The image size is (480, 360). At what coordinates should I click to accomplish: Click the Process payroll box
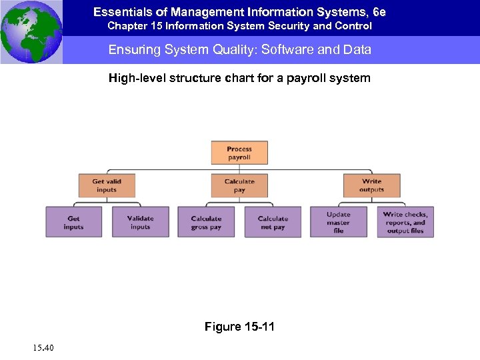(x=239, y=153)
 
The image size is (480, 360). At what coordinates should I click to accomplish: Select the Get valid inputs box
(x=106, y=185)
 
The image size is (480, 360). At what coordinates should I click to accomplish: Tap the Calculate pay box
(x=239, y=185)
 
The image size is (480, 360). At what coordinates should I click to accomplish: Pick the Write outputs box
(x=371, y=185)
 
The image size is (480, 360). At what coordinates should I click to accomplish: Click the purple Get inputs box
(x=73, y=222)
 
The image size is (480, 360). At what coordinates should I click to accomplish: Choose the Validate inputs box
(x=140, y=222)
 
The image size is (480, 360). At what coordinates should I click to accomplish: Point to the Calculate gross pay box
(x=206, y=222)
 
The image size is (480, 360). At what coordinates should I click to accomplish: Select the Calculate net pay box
(x=273, y=222)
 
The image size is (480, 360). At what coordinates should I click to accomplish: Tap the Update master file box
(x=338, y=222)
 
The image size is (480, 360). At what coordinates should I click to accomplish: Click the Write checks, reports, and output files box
(x=405, y=222)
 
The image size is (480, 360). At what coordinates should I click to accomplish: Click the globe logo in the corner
(x=31, y=31)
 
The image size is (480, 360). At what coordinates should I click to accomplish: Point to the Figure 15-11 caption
(x=239, y=327)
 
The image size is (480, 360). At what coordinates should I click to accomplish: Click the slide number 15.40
(x=42, y=347)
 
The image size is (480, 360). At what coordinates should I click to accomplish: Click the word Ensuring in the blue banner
(x=131, y=50)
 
